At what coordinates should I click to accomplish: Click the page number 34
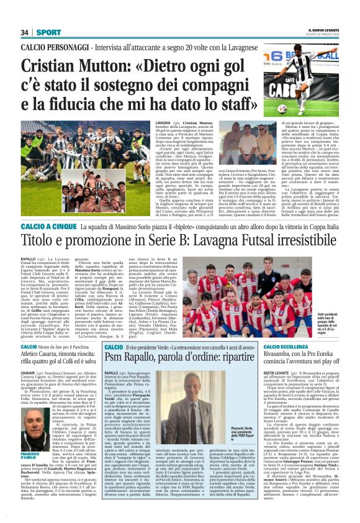tap(25, 32)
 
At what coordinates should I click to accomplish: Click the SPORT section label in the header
tap(48, 32)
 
